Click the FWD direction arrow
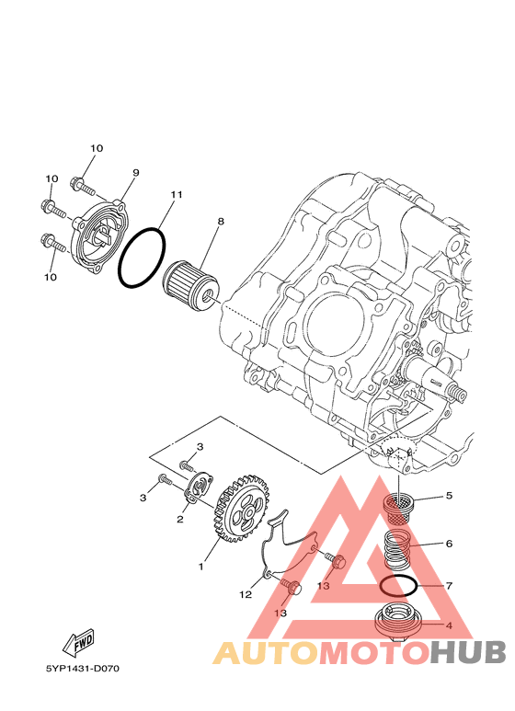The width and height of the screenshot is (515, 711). pos(78,643)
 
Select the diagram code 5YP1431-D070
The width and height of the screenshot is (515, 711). pos(82,669)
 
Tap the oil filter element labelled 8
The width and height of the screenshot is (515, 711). pos(192,284)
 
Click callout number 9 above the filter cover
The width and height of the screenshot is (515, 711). pos(135,173)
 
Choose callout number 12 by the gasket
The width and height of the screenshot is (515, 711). pos(246,594)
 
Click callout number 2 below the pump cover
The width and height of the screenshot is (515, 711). pos(180,520)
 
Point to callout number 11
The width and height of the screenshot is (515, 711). pos(177,194)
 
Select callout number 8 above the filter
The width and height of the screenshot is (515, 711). pos(221,222)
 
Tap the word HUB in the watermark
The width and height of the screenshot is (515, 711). pos(467,652)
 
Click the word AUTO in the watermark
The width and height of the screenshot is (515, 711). pos(267,652)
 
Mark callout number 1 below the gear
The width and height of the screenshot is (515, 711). pos(200,567)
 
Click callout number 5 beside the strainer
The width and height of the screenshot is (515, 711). pos(449,496)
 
